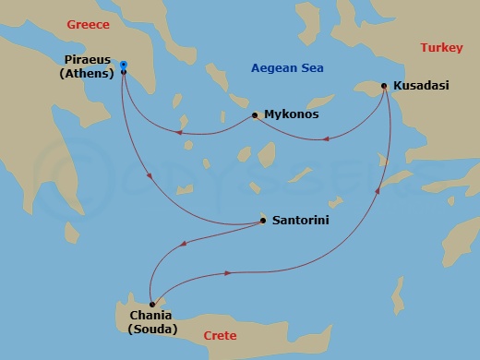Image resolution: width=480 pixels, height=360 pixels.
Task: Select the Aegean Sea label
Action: point(291,67)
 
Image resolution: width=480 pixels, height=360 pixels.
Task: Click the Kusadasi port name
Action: point(421,86)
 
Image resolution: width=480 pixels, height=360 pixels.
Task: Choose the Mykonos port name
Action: point(291,115)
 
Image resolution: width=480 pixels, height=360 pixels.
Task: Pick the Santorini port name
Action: point(301,222)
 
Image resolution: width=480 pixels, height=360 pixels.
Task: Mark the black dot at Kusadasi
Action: point(384,86)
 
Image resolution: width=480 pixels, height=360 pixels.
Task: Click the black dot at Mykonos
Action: point(255,115)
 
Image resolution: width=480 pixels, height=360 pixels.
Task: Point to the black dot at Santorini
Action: point(264,222)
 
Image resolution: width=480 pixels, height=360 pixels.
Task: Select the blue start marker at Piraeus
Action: point(124,65)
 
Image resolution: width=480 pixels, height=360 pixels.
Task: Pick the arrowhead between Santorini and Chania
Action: point(185,245)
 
